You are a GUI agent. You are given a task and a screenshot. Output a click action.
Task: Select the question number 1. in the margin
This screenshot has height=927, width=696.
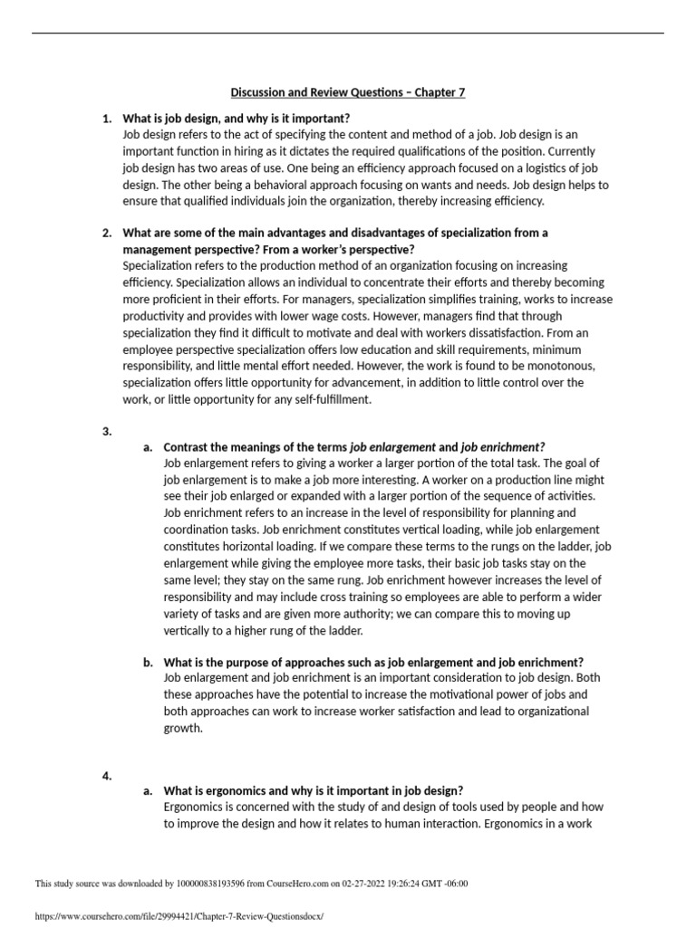pyautogui.click(x=107, y=119)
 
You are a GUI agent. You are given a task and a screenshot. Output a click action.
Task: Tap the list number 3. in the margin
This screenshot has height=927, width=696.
pyautogui.click(x=107, y=431)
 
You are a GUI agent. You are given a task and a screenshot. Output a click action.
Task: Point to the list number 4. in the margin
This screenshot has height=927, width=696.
pyautogui.click(x=107, y=775)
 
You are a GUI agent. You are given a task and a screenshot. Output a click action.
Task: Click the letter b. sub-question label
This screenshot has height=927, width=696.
pyautogui.click(x=148, y=662)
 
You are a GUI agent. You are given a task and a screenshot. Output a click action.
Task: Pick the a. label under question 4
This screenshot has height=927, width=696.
pyautogui.click(x=148, y=790)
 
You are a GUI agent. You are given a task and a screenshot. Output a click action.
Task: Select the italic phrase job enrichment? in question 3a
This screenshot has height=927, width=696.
pyautogui.click(x=503, y=447)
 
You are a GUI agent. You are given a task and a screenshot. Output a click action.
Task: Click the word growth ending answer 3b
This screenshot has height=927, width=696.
pyautogui.click(x=182, y=727)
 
